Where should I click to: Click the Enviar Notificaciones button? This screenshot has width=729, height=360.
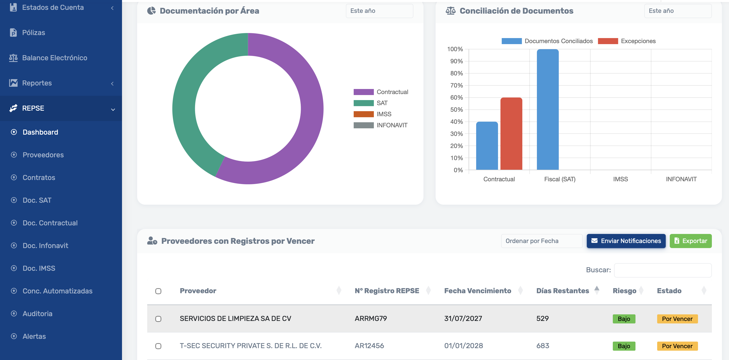pyautogui.click(x=626, y=241)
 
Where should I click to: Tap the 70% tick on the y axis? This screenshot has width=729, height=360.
pyautogui.click(x=456, y=85)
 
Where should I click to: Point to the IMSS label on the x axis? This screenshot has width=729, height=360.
pyautogui.click(x=620, y=179)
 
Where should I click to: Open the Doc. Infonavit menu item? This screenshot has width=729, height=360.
pyautogui.click(x=45, y=246)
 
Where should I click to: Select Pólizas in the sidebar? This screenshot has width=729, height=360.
pyautogui.click(x=33, y=33)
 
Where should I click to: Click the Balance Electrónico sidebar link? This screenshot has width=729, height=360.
pyautogui.click(x=54, y=58)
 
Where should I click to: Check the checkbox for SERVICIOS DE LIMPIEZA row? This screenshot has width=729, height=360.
pyautogui.click(x=158, y=319)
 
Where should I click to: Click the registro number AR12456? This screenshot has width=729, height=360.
pyautogui.click(x=369, y=346)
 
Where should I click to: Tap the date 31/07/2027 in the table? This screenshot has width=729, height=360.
pyautogui.click(x=463, y=318)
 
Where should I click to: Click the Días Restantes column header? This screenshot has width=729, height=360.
pyautogui.click(x=562, y=291)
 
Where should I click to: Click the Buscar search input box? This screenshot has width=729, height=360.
pyautogui.click(x=662, y=270)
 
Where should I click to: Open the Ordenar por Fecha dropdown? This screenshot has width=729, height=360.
pyautogui.click(x=541, y=241)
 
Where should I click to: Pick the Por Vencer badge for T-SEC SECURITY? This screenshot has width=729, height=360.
pyautogui.click(x=677, y=346)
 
